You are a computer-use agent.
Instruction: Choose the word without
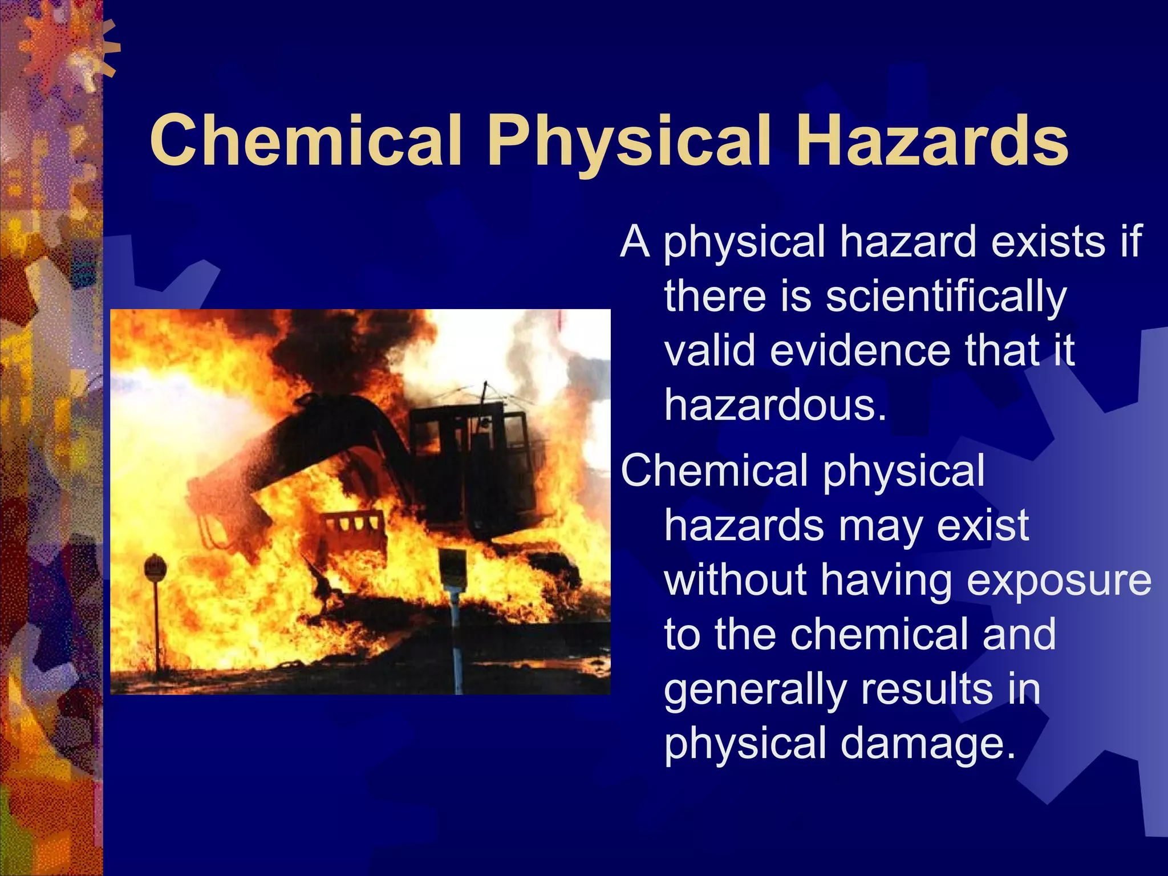pyautogui.click(x=736, y=580)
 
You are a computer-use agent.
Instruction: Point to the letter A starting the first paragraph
pyautogui.click(x=635, y=242)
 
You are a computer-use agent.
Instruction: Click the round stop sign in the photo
pyautogui.click(x=155, y=568)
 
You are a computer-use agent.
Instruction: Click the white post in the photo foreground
pyautogui.click(x=456, y=639)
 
